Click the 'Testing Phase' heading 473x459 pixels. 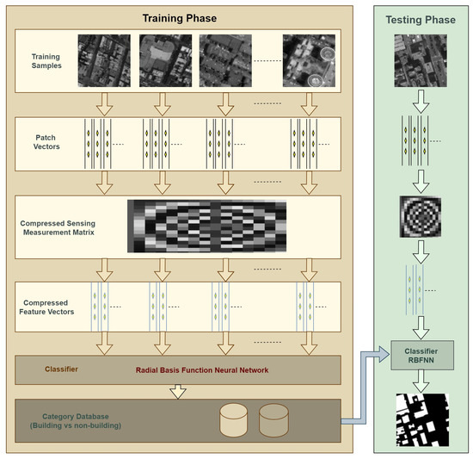[x=421, y=16]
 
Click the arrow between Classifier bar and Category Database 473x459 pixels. [x=178, y=392]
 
